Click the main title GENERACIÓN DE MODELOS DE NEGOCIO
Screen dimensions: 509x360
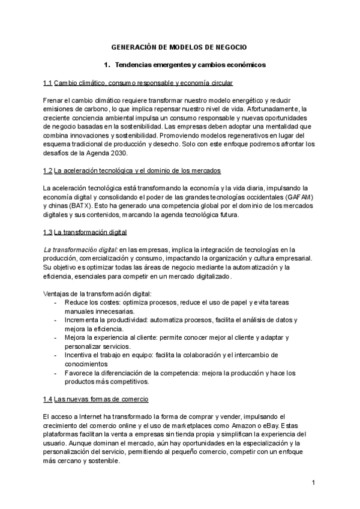(x=179, y=46)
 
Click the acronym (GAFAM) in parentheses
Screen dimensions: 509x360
(x=302, y=197)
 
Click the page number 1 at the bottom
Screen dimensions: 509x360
(x=314, y=482)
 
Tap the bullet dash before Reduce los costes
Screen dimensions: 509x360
(x=55, y=303)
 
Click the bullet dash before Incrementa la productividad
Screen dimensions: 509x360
(x=55, y=320)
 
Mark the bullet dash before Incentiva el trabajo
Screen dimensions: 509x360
(x=55, y=355)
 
